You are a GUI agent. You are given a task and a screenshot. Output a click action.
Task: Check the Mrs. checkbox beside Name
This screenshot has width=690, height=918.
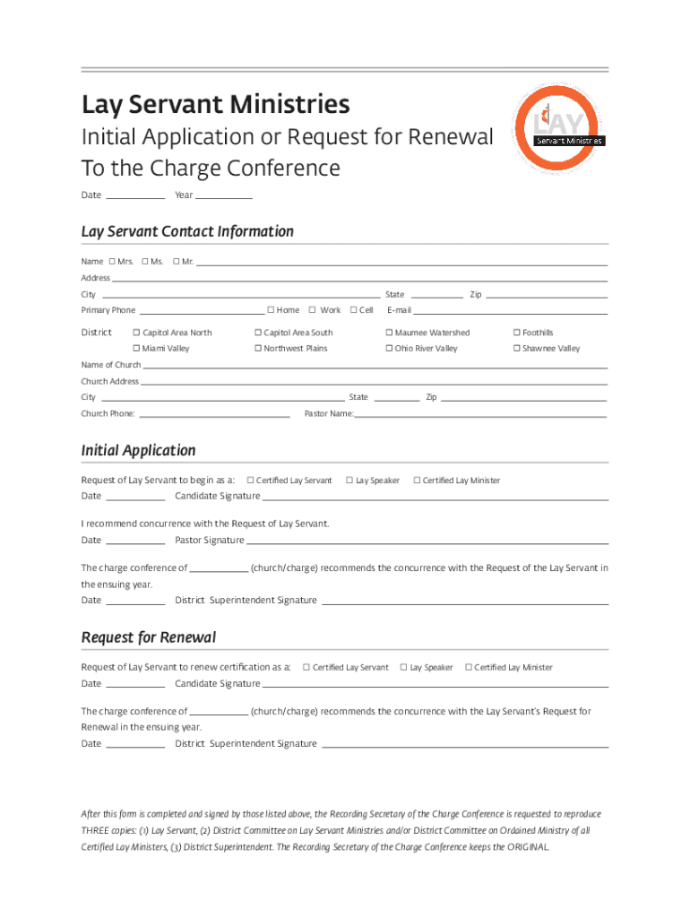click(x=112, y=262)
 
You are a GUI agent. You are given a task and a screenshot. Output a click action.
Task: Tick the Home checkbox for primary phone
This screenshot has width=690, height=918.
click(x=271, y=310)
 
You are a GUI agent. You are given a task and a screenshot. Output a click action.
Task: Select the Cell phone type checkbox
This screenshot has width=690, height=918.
click(x=353, y=310)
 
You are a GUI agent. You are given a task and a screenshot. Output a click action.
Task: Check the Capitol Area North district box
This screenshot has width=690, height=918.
click(x=136, y=333)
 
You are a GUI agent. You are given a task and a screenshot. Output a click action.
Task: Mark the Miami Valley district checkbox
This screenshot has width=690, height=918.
click(x=136, y=349)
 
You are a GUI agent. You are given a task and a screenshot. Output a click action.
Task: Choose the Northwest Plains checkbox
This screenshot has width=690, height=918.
click(x=257, y=349)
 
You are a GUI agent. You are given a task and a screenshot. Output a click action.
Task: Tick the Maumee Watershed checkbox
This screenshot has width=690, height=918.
click(x=389, y=333)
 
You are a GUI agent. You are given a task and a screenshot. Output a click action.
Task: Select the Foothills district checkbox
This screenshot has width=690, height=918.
click(x=516, y=333)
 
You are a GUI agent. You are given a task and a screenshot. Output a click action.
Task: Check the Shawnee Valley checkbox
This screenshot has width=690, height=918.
click(x=516, y=349)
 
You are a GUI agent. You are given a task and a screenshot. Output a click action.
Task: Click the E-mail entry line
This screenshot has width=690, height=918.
click(x=511, y=313)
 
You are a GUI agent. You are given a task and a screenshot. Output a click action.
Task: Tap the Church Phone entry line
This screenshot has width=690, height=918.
click(x=214, y=416)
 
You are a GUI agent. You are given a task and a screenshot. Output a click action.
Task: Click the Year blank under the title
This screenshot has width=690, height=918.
click(x=224, y=197)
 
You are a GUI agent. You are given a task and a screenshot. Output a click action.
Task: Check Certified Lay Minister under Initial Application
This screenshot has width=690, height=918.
click(x=417, y=481)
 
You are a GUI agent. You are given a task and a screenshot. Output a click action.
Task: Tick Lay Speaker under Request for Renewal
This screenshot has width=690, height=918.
click(x=403, y=667)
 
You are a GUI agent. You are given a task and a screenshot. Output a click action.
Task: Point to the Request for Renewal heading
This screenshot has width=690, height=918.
click(x=149, y=637)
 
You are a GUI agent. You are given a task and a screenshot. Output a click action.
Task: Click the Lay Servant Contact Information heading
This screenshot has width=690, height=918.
click(x=187, y=231)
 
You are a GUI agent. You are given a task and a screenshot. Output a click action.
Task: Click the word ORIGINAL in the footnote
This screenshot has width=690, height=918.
click(x=529, y=847)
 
